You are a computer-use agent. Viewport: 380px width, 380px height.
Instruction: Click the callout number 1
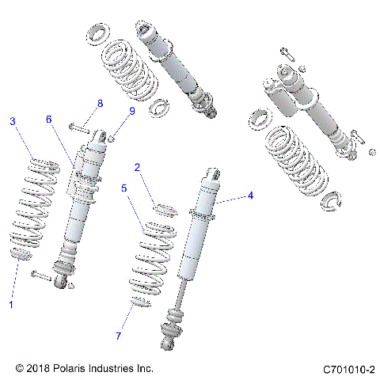[x=11, y=304]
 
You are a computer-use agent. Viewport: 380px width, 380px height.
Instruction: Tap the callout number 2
[x=137, y=168]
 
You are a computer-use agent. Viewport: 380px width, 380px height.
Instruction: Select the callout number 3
[x=13, y=121]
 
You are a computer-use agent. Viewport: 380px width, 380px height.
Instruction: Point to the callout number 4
[x=250, y=195]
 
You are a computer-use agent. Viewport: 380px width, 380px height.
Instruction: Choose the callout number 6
[x=48, y=119]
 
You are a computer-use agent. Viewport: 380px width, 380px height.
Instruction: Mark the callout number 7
[x=119, y=336]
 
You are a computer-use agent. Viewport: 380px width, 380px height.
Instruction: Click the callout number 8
[x=100, y=104]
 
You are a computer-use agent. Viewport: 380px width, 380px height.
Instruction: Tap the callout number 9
[x=132, y=112]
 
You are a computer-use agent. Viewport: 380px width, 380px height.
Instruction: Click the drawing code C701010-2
[x=348, y=369]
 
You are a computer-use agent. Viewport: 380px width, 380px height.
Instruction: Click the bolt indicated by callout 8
[x=79, y=126]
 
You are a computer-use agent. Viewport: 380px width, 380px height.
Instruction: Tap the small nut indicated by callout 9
[x=114, y=137]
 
